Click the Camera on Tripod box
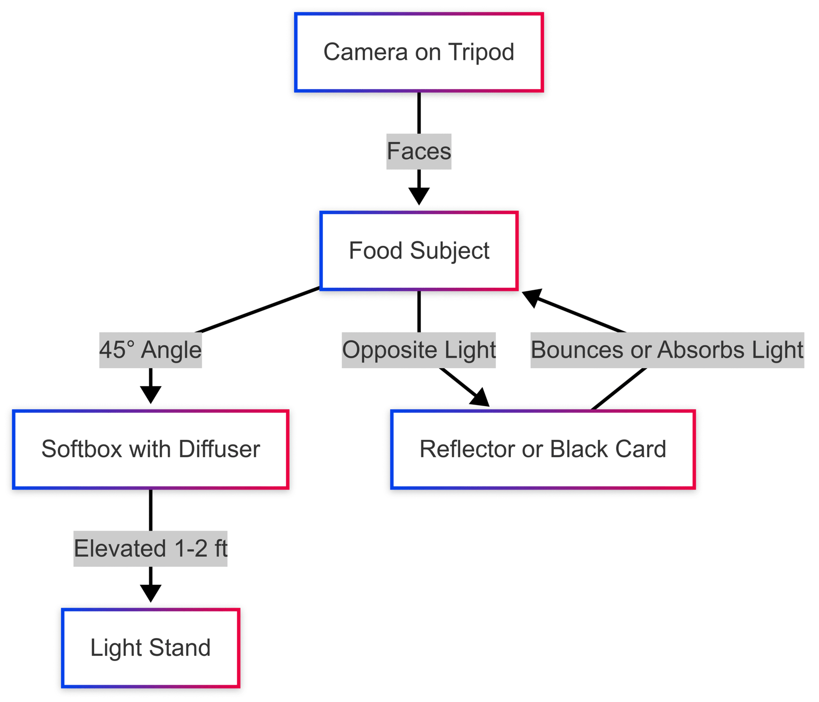pos(419,53)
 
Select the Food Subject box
pos(419,251)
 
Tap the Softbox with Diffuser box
pos(150,450)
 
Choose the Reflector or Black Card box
pos(543,450)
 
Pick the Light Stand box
pos(150,648)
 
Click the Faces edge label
pos(419,152)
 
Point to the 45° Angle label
pos(150,350)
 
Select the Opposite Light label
pos(419,350)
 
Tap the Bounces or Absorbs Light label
pos(667,350)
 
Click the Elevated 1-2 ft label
pos(150,549)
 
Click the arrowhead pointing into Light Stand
pos(150,594)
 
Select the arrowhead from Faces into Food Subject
pos(419,197)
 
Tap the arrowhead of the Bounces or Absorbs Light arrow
pos(531,296)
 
